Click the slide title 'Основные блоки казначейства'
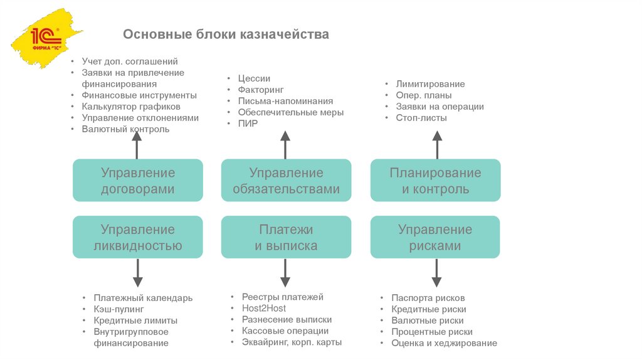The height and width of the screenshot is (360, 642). (x=226, y=34)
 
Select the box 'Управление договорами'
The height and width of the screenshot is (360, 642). (x=138, y=181)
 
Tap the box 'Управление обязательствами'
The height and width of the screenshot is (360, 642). (x=286, y=181)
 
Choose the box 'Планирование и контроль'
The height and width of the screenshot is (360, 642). (x=435, y=181)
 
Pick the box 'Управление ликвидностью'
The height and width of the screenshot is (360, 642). (x=138, y=238)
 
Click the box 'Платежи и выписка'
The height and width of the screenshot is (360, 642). (x=286, y=238)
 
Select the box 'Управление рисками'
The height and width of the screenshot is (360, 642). (x=435, y=238)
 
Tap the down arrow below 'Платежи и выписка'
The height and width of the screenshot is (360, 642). (x=285, y=273)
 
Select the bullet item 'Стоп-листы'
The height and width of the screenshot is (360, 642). (x=421, y=117)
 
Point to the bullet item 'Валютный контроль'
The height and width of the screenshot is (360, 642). (x=125, y=129)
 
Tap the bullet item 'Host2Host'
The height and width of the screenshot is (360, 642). (x=264, y=308)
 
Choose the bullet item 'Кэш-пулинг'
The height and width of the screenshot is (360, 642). (x=119, y=309)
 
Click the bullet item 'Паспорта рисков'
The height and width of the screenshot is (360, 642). (x=428, y=298)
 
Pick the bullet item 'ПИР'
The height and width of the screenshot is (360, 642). (x=248, y=124)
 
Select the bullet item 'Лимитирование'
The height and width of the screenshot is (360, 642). (x=430, y=84)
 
